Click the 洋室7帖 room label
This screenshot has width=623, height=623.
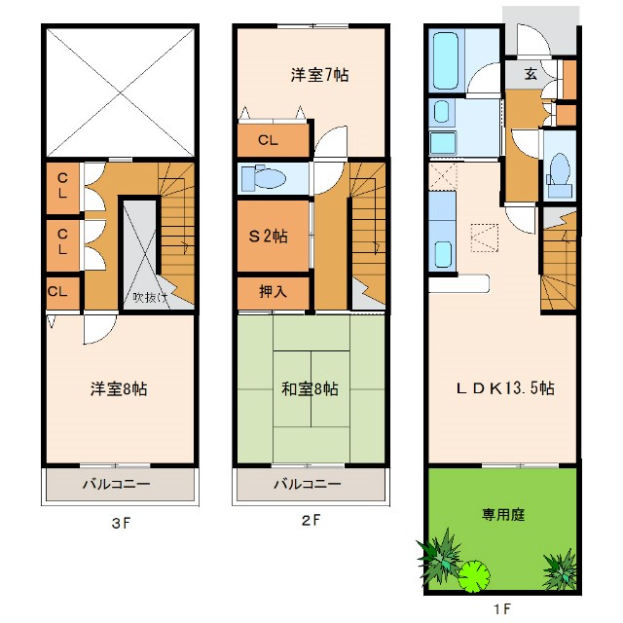[318, 75]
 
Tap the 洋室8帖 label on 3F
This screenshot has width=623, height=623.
[120, 388]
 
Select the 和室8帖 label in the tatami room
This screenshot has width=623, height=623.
[310, 388]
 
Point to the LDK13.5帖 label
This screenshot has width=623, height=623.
[506, 387]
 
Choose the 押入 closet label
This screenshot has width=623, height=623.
[272, 291]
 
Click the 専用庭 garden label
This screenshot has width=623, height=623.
[502, 513]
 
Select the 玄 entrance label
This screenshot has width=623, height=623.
[531, 74]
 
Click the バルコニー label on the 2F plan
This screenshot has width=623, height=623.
[307, 484]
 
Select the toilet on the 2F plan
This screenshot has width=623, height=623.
[265, 178]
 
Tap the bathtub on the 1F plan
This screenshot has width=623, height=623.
[449, 60]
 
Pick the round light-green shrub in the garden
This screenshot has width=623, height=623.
[474, 574]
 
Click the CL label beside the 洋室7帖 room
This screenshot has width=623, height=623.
[268, 140]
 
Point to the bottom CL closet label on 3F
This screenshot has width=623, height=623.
[57, 291]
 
